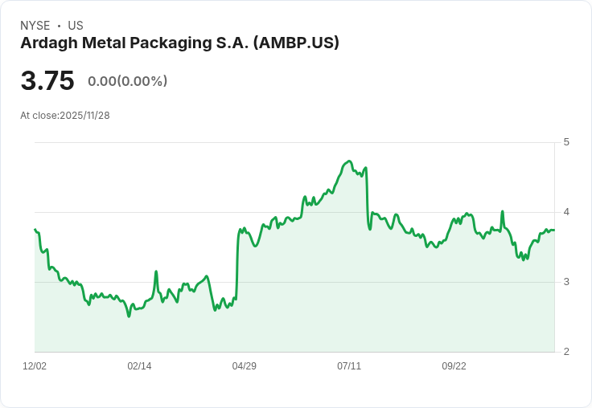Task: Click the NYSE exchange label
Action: tap(35, 26)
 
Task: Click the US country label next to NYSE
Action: tap(76, 26)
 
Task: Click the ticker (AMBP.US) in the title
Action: tap(296, 43)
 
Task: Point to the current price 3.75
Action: tap(47, 81)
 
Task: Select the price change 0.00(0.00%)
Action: tap(128, 81)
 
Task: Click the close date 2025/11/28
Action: tap(84, 115)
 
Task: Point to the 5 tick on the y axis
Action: tap(566, 142)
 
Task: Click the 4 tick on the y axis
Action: tap(566, 212)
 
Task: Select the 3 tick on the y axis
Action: tap(566, 282)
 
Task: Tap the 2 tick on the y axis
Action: tap(566, 352)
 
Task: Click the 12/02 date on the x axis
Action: tap(35, 366)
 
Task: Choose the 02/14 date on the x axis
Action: tap(139, 366)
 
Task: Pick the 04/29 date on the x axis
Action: tap(244, 366)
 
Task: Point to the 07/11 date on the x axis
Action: tap(349, 366)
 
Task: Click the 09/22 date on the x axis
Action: tap(454, 366)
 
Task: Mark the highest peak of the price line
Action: tap(349, 161)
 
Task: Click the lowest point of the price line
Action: tap(129, 316)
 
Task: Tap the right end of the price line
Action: tap(554, 230)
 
